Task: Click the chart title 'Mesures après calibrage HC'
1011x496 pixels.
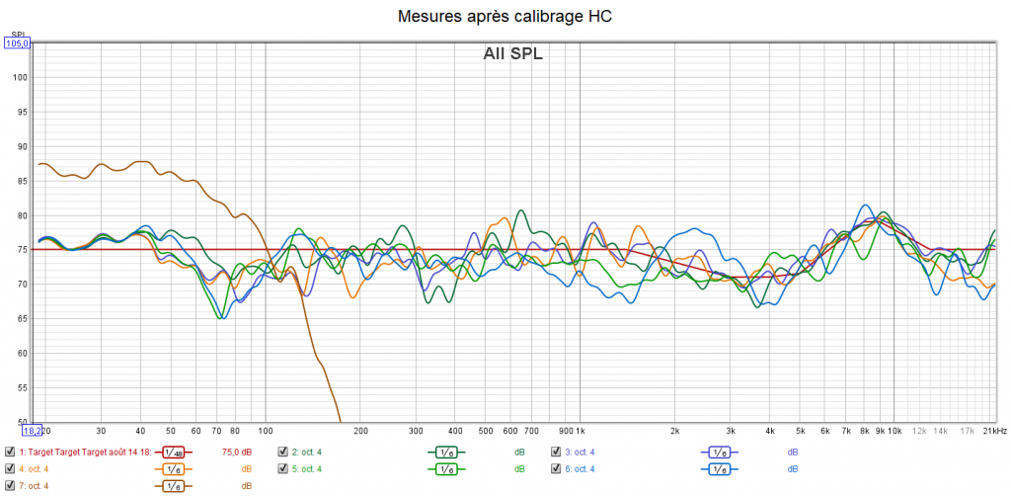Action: click(505, 17)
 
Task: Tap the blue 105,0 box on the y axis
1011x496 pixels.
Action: click(18, 42)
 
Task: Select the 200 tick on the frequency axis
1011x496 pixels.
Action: click(360, 432)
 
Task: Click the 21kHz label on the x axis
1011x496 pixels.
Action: click(993, 432)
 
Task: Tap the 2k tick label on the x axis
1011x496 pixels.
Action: click(674, 432)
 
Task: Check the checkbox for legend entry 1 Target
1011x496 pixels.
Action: click(10, 453)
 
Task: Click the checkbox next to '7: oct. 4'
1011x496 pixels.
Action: click(10, 485)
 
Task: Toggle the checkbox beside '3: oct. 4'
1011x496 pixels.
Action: click(557, 453)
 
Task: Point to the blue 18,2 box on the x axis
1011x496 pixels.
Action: click(33, 430)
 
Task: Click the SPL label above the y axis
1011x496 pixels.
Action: click(17, 34)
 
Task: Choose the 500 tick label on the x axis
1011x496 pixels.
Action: click(486, 432)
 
